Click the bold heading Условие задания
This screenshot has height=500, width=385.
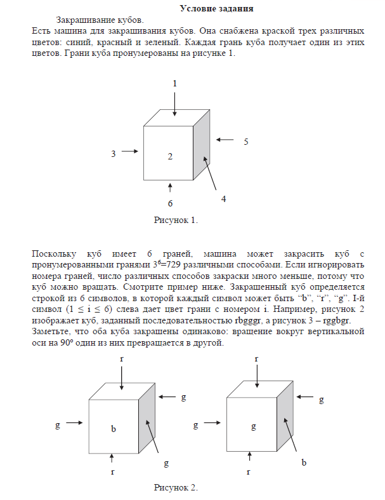tap(216, 9)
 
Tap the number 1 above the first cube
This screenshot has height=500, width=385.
tap(175, 83)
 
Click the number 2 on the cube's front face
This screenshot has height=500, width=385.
tap(170, 156)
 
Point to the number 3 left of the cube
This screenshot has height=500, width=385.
tap(114, 153)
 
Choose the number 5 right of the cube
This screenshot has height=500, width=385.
tap(245, 142)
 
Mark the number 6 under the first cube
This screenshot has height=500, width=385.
tap(170, 203)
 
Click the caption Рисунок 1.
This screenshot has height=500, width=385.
tap(176, 220)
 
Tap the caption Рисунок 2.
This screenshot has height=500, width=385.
tap(176, 487)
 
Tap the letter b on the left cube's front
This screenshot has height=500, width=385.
tap(114, 429)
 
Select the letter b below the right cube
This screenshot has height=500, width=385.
tap(304, 463)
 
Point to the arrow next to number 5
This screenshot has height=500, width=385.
tap(225, 140)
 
